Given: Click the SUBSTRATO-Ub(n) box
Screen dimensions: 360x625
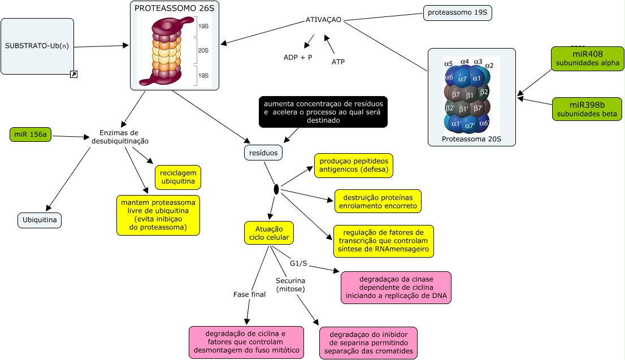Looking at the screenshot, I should pos(37,46).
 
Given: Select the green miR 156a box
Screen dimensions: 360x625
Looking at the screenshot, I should pos(31,135).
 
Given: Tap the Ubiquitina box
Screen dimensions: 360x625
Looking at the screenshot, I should pos(40,220).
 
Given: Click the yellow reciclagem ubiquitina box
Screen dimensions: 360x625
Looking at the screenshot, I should pos(178,177).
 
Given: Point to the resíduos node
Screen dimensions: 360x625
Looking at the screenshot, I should pos(263,153).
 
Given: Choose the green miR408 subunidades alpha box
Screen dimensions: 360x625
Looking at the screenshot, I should pos(587,59).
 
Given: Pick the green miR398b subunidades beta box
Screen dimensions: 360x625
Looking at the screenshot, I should pos(587,109).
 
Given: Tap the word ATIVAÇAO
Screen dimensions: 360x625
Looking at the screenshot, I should pos(323,20).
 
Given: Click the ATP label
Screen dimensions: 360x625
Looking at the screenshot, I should pos(338,62).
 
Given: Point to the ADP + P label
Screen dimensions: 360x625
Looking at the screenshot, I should pos(298,58).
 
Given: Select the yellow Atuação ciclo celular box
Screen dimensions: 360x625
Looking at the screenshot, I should pos(269,233).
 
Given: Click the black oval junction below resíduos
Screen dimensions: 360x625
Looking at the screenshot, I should pos(276,189).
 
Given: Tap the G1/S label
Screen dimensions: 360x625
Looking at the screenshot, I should pos(298,263).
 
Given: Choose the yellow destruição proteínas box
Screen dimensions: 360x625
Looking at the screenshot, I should pos(378,201).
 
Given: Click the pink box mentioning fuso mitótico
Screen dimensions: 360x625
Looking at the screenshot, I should pos(246,342).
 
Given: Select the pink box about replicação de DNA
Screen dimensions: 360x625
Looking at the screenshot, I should pos(396,287).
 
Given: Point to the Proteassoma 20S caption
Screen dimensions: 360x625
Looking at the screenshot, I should pos(471,138).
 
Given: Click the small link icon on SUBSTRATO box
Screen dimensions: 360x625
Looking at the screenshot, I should pos(73,74).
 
